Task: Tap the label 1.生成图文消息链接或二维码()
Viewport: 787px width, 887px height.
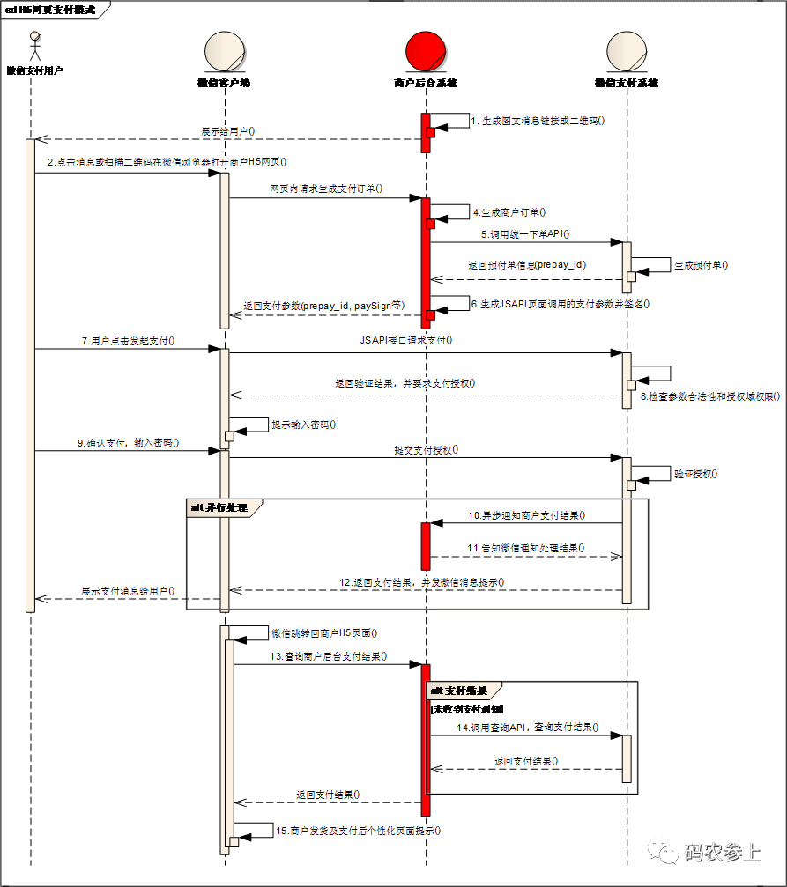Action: [538, 121]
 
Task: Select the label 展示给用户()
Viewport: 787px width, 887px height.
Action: [228, 131]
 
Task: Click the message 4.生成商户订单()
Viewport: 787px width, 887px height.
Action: [509, 212]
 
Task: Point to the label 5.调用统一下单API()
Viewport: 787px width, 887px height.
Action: [525, 234]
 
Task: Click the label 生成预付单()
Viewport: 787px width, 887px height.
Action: [702, 264]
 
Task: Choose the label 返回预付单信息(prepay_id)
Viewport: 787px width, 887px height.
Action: [527, 264]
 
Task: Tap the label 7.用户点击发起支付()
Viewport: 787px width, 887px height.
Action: [128, 340]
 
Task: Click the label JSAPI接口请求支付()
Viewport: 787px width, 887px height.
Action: [406, 339]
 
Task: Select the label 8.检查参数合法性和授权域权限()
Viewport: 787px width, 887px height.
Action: [709, 396]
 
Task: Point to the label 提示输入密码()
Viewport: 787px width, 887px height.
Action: [304, 425]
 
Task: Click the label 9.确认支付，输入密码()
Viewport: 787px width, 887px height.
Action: [129, 443]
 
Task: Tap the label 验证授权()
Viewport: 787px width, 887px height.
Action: [696, 473]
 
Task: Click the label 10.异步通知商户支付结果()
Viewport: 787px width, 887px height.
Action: [527, 515]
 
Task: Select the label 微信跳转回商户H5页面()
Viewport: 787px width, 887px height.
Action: [324, 633]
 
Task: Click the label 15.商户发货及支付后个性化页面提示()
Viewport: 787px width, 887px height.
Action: [358, 831]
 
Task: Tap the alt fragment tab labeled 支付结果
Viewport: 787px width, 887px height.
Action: [464, 690]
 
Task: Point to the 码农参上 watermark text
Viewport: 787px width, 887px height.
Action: [722, 852]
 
